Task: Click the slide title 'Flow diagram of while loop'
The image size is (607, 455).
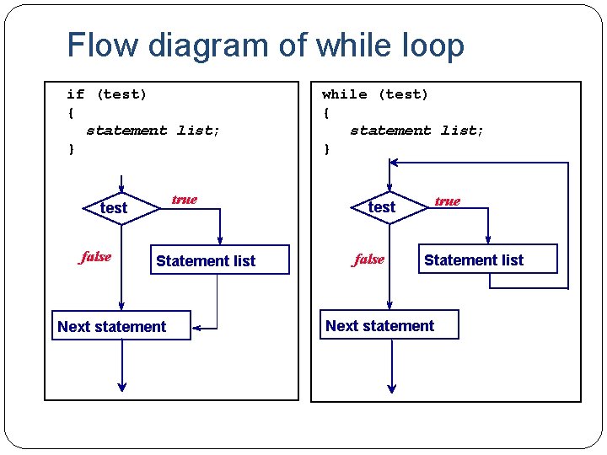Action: (x=266, y=45)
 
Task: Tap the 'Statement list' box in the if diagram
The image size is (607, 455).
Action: (x=206, y=261)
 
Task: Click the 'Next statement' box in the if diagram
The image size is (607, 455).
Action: (x=112, y=326)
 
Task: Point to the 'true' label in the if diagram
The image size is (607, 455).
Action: (x=184, y=200)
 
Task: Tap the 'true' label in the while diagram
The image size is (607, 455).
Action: (x=447, y=201)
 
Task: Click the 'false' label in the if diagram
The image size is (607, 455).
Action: (x=95, y=257)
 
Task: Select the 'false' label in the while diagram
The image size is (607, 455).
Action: (x=368, y=260)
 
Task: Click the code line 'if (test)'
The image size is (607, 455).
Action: (x=107, y=94)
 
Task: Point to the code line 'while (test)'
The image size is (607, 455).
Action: (x=375, y=94)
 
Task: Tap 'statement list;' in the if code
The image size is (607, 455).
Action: (x=153, y=131)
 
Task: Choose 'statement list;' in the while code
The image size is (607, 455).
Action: (x=416, y=131)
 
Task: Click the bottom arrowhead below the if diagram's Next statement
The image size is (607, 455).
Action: (x=122, y=386)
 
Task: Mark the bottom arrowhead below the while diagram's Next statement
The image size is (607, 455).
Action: (x=391, y=386)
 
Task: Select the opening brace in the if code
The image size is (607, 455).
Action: (x=71, y=112)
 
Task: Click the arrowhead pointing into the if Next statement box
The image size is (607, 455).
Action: (x=196, y=326)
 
